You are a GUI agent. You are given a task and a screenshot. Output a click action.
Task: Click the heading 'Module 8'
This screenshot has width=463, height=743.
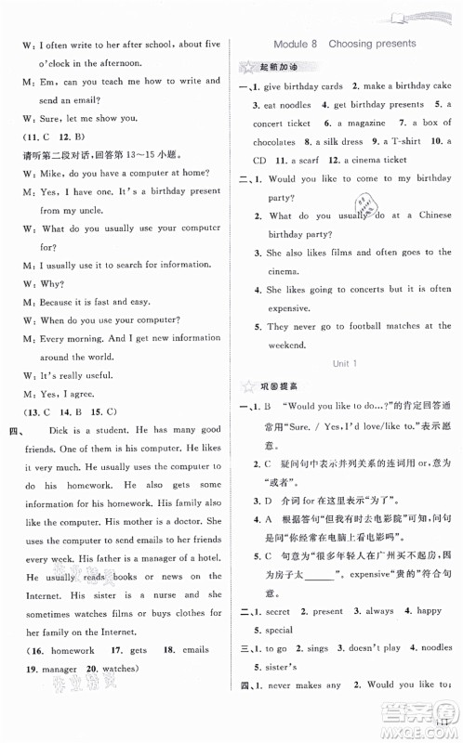coord(298,43)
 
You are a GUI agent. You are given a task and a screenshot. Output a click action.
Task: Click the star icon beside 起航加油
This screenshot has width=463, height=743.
coord(248,67)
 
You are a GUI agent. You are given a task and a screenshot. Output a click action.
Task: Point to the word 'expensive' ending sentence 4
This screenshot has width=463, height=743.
coord(280,306)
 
